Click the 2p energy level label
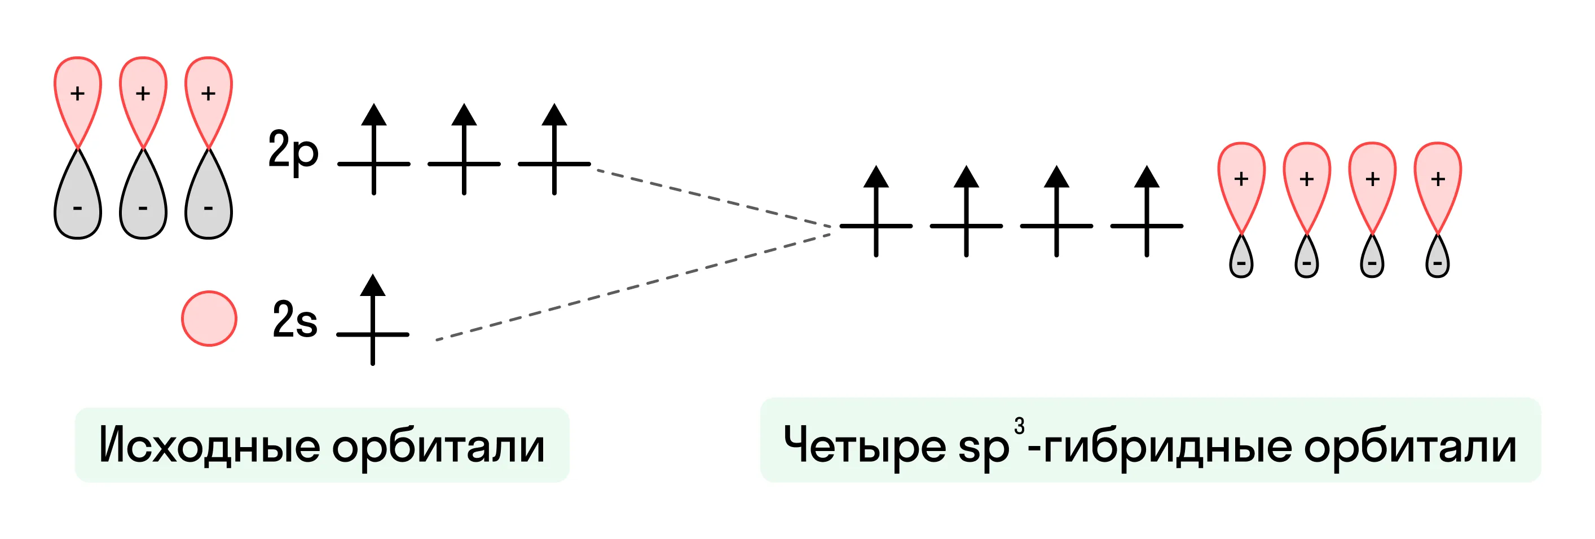[293, 152]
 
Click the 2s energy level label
[295, 319]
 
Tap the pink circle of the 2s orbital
[209, 318]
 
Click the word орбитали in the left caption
[438, 447]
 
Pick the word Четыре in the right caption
[865, 445]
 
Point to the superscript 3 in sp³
[1019, 426]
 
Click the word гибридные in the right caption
[1167, 447]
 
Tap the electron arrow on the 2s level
[373, 319]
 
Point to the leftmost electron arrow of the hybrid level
[876, 211]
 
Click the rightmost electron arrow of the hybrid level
[1147, 211]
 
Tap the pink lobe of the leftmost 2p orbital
[77, 99]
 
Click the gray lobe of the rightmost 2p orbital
[209, 198]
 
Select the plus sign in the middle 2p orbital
[143, 93]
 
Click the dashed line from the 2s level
[633, 287]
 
